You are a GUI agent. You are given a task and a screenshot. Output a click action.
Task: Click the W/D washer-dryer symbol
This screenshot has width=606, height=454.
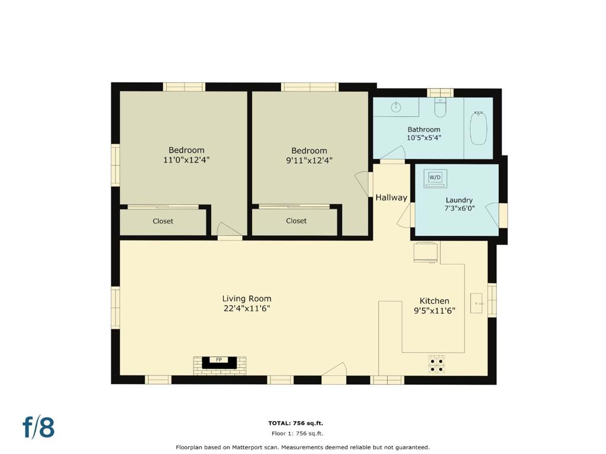tap(435, 178)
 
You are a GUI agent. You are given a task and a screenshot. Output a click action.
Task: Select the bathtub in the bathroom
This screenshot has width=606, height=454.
tap(479, 128)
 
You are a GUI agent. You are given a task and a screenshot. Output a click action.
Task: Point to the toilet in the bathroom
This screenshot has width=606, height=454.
tap(440, 108)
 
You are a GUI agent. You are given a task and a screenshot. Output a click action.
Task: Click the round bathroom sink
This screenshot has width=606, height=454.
tap(396, 107)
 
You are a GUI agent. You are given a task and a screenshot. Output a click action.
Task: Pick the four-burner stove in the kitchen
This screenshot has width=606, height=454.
tap(436, 365)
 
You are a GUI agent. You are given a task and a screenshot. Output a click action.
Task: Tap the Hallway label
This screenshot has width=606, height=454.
tap(391, 197)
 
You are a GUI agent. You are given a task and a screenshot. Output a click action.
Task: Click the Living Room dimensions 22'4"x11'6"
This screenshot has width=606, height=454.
tap(247, 309)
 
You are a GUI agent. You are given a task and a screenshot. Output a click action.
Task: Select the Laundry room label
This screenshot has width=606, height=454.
tap(459, 200)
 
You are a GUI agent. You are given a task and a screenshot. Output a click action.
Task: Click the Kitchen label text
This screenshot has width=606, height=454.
tap(434, 301)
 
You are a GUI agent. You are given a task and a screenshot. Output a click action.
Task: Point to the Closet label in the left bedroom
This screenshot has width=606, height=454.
tap(163, 221)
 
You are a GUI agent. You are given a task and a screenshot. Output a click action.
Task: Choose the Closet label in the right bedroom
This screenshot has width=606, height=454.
tap(296, 221)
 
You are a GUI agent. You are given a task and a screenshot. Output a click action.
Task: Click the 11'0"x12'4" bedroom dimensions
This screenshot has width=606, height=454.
tap(186, 160)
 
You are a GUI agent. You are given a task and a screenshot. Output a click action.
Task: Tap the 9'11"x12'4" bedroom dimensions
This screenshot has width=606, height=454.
tap(309, 160)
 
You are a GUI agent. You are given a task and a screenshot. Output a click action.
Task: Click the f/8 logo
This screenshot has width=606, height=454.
tap(38, 427)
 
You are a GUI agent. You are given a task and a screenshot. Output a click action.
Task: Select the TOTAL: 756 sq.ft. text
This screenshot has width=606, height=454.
tap(296, 423)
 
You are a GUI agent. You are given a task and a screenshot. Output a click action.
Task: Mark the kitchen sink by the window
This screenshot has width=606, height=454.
tap(476, 303)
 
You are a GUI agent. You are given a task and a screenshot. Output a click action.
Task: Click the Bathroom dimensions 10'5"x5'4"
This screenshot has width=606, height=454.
tap(424, 137)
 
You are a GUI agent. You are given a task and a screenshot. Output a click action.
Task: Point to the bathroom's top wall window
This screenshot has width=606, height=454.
tap(440, 93)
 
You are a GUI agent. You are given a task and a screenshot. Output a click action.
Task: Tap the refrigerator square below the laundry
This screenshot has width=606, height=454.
tap(426, 252)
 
